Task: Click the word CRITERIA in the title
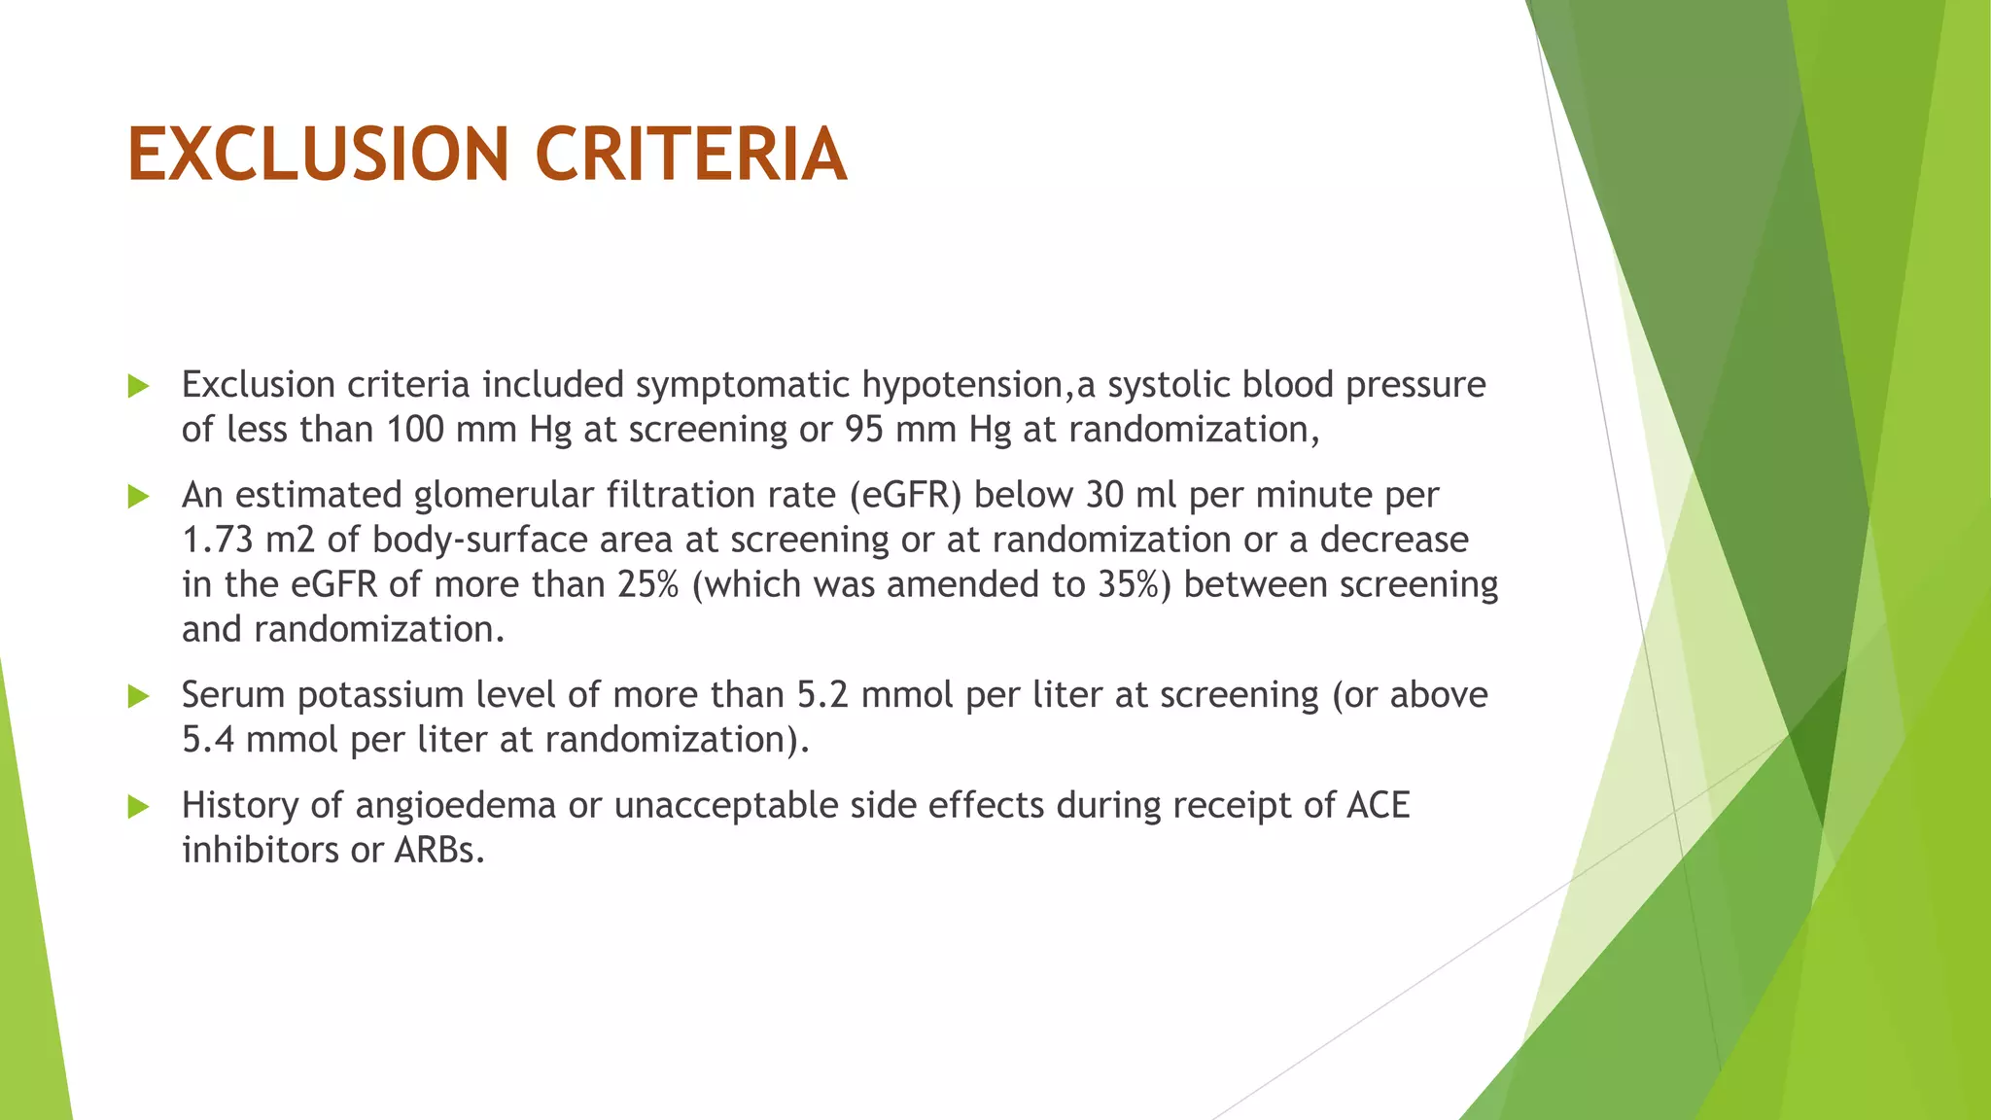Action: [691, 155]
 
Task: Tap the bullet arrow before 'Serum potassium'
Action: [138, 696]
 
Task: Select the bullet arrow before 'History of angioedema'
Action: [138, 806]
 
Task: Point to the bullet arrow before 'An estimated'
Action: [138, 497]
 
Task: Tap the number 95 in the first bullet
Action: [863, 430]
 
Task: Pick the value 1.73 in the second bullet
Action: [218, 541]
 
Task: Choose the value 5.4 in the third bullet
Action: [208, 741]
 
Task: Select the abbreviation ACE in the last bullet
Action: [1378, 806]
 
